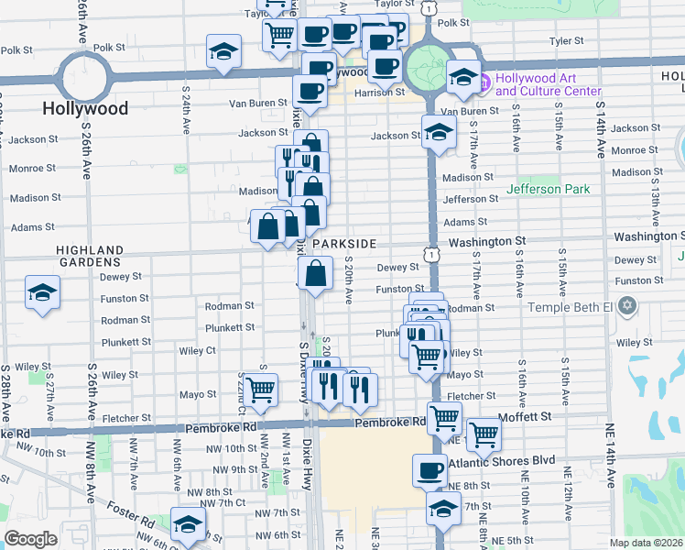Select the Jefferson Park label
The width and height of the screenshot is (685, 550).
click(549, 190)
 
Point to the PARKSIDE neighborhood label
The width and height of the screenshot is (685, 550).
click(344, 244)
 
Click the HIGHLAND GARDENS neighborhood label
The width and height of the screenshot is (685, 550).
click(90, 256)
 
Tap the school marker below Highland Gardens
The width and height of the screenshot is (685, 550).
click(41, 293)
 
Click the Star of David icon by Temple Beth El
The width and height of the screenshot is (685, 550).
click(626, 304)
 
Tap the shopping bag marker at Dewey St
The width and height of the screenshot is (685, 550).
click(315, 273)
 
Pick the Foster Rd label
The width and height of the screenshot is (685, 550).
click(129, 511)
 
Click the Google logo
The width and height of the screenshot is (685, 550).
click(30, 539)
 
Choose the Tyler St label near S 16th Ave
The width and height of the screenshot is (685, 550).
click(565, 41)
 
